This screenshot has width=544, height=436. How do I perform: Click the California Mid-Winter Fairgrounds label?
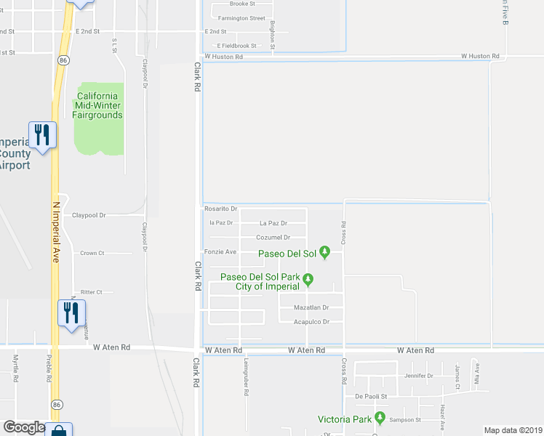pyautogui.click(x=98, y=105)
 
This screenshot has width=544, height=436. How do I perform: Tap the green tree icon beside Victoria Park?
pyautogui.click(x=380, y=418)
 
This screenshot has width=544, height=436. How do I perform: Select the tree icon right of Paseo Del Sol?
pyautogui.click(x=325, y=253)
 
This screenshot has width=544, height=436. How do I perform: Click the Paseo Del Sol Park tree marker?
pyautogui.click(x=308, y=278)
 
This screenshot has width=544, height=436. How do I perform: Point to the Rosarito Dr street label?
pyautogui.click(x=220, y=209)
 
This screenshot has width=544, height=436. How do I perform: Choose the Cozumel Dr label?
pyautogui.click(x=273, y=238)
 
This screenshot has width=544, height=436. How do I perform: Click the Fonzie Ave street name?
pyautogui.click(x=220, y=252)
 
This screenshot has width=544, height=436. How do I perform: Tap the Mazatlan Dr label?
pyautogui.click(x=311, y=308)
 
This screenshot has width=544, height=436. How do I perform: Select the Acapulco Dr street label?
pyautogui.click(x=311, y=322)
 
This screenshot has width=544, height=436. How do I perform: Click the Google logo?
pyautogui.click(x=24, y=427)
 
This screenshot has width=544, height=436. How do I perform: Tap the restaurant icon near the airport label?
pyautogui.click(x=42, y=135)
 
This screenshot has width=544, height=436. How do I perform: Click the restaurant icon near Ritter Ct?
pyautogui.click(x=71, y=313)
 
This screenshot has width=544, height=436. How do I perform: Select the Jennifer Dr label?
pyautogui.click(x=419, y=376)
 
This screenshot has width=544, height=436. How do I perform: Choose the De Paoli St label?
pyautogui.click(x=371, y=397)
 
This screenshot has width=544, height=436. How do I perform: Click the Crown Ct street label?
pyautogui.click(x=92, y=254)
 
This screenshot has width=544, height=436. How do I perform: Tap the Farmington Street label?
pyautogui.click(x=238, y=18)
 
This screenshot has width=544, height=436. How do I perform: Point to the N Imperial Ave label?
pyautogui.click(x=55, y=231)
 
